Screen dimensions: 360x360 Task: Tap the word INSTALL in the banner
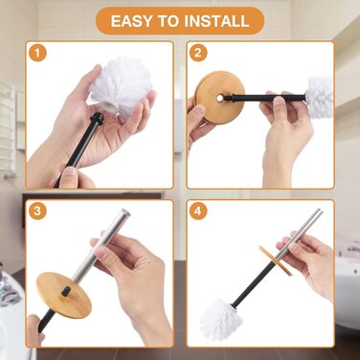click(x=216, y=21)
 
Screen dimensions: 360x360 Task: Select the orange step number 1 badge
click(x=37, y=53)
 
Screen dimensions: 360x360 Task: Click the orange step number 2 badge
click(x=198, y=53)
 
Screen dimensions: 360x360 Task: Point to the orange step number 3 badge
click(x=37, y=211)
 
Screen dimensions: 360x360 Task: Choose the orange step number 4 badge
click(x=198, y=211)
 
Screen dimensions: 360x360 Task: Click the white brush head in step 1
click(x=120, y=87)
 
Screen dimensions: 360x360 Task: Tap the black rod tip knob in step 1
click(x=97, y=119)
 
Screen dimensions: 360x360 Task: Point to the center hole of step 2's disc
click(x=220, y=98)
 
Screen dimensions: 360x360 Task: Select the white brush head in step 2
click(x=320, y=92)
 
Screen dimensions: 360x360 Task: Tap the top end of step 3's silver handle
click(x=124, y=213)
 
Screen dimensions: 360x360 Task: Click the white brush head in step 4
click(x=217, y=320)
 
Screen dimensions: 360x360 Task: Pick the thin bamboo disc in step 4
click(x=275, y=260)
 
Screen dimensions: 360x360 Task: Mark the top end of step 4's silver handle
click(x=319, y=211)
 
